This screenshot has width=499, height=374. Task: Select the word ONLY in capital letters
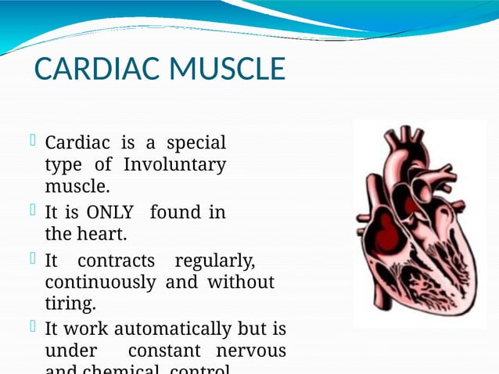110,213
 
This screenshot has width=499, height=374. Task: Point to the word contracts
116,261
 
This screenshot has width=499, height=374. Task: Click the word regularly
215,261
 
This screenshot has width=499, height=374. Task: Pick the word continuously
100,282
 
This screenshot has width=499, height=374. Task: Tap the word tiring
70,303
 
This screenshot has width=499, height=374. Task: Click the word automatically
152,329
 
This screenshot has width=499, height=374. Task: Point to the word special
196,144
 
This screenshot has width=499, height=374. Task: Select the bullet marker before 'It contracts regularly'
33,258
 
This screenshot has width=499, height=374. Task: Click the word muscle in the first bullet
77,187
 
